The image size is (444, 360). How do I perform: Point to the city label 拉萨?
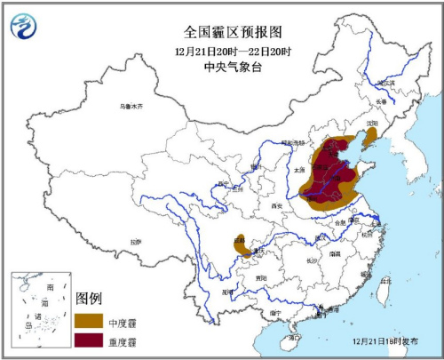tap(135, 241)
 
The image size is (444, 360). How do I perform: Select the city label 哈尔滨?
tap(385, 83)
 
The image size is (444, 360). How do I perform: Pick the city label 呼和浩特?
tap(292, 143)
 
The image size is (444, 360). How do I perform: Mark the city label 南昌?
tap(335, 253)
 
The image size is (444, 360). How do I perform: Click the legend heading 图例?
tap(90, 297)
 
